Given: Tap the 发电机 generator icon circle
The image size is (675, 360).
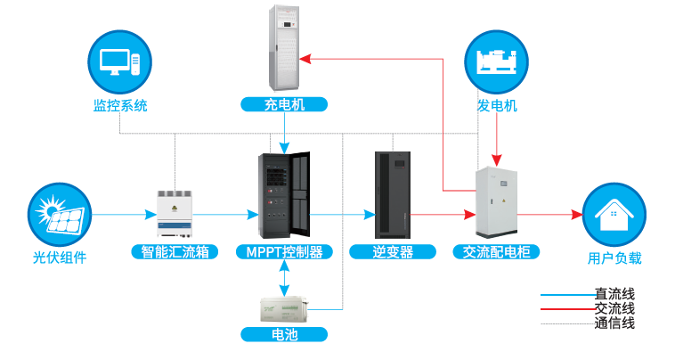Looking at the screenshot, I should (497, 61).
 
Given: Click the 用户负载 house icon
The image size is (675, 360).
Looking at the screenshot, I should (614, 215).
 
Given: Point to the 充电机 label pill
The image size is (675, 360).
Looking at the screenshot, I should (284, 105).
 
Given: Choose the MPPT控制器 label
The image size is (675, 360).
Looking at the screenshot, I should (284, 252).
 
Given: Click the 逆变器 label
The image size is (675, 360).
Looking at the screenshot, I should (393, 252).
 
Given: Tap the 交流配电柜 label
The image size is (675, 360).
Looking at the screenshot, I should (497, 252).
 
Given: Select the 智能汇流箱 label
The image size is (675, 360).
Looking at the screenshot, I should (175, 252).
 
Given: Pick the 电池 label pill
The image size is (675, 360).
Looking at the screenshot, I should (284, 335).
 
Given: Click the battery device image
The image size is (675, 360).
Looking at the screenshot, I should (284, 308).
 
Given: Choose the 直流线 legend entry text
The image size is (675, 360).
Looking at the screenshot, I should (614, 293).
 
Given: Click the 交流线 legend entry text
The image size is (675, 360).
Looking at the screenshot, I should (614, 308).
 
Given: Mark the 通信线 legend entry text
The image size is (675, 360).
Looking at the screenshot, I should (614, 323).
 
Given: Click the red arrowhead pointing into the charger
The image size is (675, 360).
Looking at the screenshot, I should (304, 59).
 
